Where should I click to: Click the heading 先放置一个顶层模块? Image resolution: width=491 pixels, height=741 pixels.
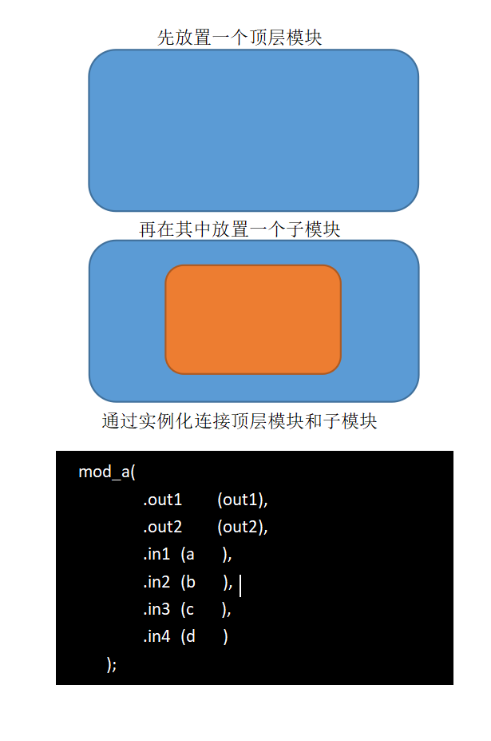tap(240, 38)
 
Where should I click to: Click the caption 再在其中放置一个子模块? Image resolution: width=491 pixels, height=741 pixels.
tap(240, 230)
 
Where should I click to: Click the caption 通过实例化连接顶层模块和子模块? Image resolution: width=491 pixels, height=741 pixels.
tap(239, 421)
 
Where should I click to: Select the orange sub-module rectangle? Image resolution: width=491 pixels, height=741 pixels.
tap(253, 320)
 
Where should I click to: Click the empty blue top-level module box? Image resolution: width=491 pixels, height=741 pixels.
tap(253, 130)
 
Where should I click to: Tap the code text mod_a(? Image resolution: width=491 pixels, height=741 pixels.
tap(107, 472)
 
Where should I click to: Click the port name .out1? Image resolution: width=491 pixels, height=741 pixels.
tap(163, 500)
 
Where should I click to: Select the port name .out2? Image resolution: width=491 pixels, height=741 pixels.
tap(163, 528)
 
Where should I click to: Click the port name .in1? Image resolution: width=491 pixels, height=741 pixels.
tap(156, 555)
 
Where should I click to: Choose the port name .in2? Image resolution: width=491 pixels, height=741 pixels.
tap(156, 583)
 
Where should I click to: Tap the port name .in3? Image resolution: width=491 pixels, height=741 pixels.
tap(156, 610)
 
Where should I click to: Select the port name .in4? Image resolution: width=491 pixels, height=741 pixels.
tap(156, 637)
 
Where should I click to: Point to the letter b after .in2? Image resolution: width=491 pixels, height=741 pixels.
tap(190, 583)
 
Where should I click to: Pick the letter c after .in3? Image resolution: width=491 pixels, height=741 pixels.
tap(189, 611)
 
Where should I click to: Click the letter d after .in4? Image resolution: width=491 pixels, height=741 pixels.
tap(190, 637)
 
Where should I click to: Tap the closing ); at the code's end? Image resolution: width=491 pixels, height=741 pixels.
tap(112, 664)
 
